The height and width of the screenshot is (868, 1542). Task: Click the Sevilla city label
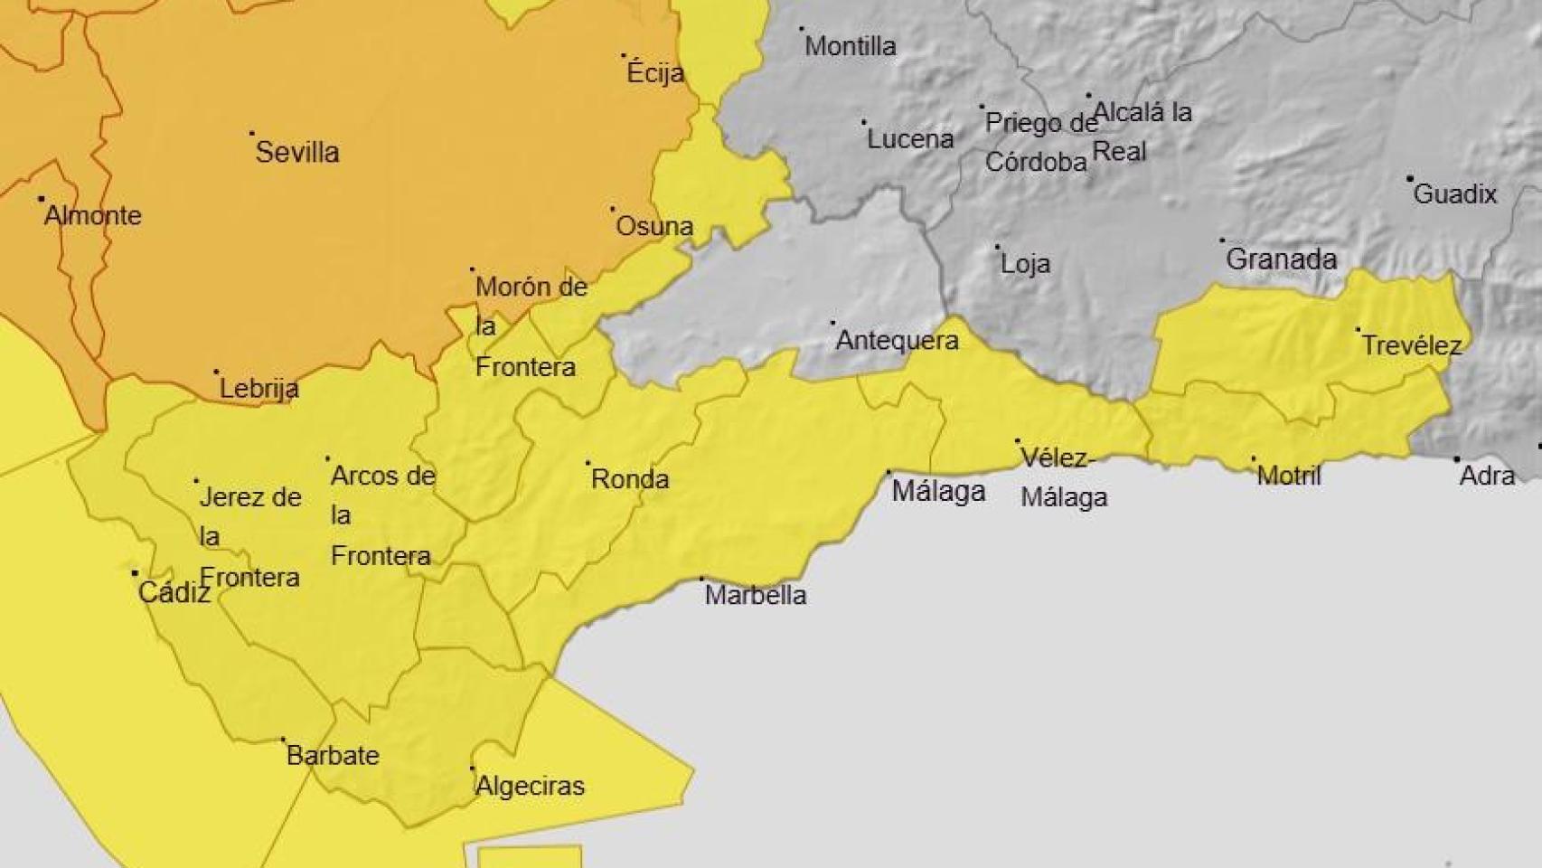tap(297, 152)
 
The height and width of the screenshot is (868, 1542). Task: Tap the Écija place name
tap(655, 73)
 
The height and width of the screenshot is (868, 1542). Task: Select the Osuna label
tap(654, 226)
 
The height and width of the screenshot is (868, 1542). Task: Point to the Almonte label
tap(93, 215)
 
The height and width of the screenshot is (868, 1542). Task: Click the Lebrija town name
tap(259, 389)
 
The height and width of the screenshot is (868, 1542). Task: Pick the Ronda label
tap(630, 479)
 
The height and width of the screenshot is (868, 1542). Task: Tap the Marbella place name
tap(756, 595)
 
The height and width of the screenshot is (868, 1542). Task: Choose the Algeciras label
tap(530, 787)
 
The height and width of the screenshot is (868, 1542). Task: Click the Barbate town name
tap(333, 756)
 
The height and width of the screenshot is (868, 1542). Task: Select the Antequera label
tap(897, 341)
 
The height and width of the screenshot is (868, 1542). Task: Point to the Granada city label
tap(1281, 259)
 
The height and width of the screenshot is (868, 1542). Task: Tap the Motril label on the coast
tap(1289, 476)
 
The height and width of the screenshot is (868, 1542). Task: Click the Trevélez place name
tap(1412, 345)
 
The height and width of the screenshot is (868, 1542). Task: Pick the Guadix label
tap(1455, 193)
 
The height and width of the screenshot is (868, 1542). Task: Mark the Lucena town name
tap(910, 139)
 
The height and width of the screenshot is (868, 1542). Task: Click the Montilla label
tap(851, 46)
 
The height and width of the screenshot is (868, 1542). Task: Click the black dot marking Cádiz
tap(136, 573)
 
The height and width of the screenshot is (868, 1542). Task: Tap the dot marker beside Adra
tap(1457, 459)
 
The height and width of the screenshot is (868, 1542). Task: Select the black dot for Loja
tap(998, 247)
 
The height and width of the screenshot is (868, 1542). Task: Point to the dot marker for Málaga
tap(889, 472)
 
